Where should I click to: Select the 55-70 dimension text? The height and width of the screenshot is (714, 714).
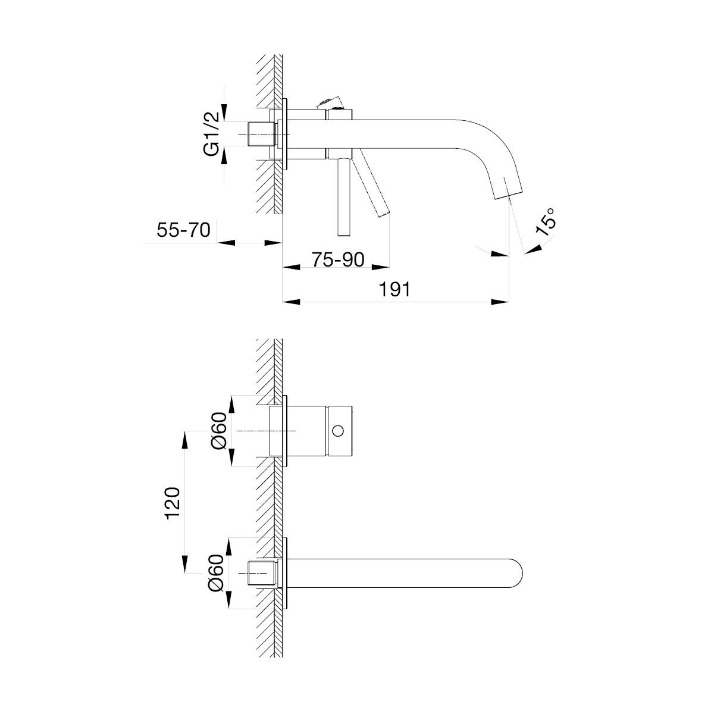click(x=183, y=230)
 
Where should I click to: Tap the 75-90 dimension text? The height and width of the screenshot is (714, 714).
click(x=338, y=260)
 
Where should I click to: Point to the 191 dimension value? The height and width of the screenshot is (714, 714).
click(x=394, y=289)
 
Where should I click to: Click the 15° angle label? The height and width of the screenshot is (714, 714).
click(x=546, y=222)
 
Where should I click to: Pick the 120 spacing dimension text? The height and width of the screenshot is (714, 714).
click(x=173, y=503)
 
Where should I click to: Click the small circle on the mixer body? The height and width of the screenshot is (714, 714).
click(x=338, y=431)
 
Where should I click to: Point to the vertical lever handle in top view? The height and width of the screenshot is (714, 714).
click(x=344, y=197)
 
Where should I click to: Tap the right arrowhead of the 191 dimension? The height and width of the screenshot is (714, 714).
click(x=500, y=302)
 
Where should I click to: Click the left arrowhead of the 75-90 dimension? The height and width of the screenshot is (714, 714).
click(x=291, y=267)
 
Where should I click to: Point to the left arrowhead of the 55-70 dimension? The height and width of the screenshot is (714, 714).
click(x=226, y=243)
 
